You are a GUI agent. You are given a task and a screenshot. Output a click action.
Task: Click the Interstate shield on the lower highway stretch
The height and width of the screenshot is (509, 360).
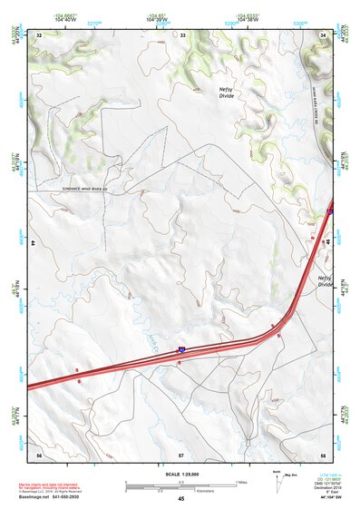[181, 347]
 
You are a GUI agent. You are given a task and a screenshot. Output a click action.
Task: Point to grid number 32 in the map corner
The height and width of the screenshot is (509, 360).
[38, 34]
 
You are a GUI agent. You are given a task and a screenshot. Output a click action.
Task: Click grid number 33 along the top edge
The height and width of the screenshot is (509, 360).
[182, 34]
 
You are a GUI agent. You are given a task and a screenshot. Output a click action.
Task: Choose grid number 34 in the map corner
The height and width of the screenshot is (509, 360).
[323, 34]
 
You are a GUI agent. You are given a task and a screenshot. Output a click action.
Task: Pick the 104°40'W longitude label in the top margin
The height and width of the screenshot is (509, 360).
[64, 18]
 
